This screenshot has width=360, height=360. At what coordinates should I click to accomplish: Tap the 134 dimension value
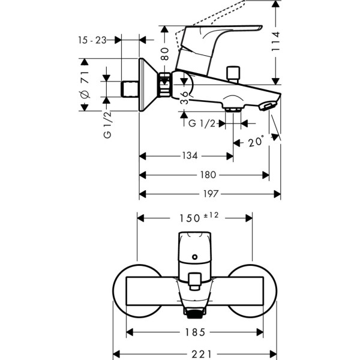[189, 156]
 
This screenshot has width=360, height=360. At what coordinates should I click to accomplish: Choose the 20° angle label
[257, 142]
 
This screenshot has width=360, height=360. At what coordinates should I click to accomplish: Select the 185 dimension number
[195, 331]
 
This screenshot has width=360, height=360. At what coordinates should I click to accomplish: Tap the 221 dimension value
[195, 353]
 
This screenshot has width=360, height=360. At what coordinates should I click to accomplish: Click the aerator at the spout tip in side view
[268, 106]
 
